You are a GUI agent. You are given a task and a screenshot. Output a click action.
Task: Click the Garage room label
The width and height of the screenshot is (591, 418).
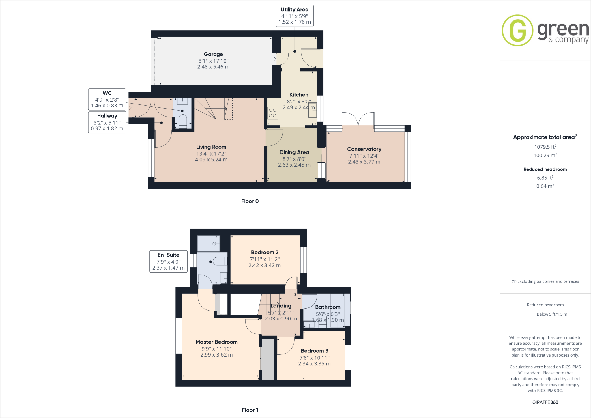click(213, 54)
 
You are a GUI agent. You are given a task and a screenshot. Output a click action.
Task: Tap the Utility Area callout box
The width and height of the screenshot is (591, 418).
click(294, 16)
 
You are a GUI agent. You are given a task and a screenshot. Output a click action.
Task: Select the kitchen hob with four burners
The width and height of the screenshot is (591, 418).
click(273, 113)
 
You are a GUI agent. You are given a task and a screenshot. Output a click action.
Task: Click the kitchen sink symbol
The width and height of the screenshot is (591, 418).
click(312, 110)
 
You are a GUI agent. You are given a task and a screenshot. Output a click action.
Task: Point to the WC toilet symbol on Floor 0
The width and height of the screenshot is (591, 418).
click(183, 121)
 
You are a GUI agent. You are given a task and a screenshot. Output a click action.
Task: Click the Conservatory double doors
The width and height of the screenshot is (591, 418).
click(358, 120)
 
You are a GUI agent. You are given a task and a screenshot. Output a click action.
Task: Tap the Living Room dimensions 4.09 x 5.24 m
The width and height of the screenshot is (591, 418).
click(211, 160)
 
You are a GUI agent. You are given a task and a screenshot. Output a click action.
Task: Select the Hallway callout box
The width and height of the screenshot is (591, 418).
click(107, 122)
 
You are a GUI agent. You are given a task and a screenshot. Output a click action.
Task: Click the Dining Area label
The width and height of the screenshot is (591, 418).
click(294, 152)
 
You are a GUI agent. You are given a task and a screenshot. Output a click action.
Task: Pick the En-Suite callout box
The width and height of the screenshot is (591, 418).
click(169, 262)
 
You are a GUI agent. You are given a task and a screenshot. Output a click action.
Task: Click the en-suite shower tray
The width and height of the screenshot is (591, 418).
click(208, 244)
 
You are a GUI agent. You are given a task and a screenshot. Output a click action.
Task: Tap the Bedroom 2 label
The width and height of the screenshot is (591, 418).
click(265, 252)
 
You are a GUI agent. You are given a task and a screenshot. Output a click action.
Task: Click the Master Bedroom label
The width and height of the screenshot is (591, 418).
click(216, 342)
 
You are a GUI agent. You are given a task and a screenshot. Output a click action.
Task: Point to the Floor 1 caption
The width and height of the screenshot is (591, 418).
click(250, 410)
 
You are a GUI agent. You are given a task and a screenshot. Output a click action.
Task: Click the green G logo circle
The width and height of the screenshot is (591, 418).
click(517, 30)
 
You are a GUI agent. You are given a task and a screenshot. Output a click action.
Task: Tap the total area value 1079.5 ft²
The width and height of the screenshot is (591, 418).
click(545, 147)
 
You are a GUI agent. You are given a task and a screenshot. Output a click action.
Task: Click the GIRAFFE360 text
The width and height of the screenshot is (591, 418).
click(545, 402)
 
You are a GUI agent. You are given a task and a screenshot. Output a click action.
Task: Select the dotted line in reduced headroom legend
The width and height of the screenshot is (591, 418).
click(528, 314)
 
